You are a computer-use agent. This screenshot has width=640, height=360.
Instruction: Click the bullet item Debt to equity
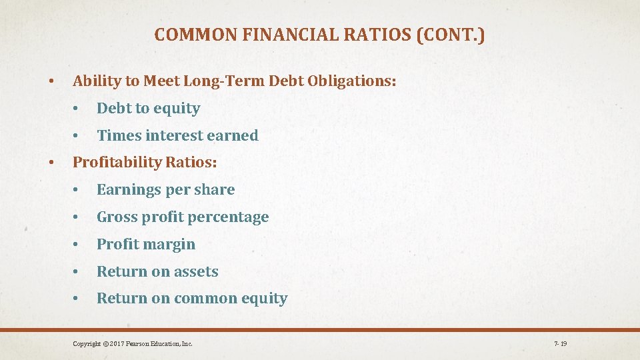[148, 108]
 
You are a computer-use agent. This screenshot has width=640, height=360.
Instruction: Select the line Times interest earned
[177, 135]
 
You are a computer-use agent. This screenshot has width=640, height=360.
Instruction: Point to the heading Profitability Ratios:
[145, 162]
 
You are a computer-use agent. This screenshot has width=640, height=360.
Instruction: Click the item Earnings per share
[165, 189]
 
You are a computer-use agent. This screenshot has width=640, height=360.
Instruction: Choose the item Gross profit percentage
[183, 217]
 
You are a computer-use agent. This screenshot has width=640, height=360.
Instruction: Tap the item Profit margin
[146, 244]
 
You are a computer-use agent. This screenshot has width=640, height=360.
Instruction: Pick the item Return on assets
[157, 271]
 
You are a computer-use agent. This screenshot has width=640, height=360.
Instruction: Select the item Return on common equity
[192, 298]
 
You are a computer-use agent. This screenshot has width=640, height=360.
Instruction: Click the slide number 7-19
[560, 344]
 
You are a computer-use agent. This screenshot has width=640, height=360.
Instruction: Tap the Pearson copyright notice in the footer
[133, 344]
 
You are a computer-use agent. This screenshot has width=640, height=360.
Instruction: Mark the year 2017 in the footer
[119, 344]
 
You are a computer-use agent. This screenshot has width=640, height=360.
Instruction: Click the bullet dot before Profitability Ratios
[51, 163]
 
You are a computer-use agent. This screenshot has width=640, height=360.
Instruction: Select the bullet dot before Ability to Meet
[51, 82]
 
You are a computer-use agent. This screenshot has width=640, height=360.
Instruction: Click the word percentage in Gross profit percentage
[234, 217]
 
